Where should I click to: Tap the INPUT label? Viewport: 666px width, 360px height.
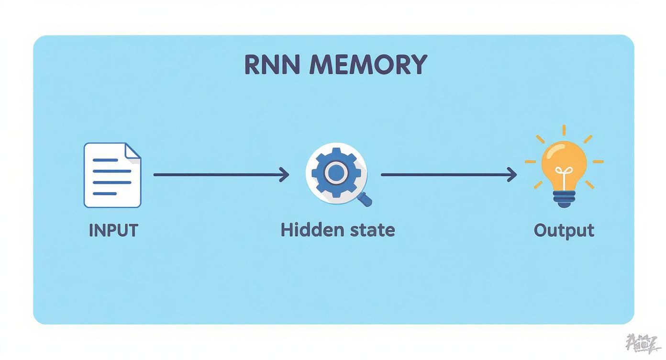click(x=113, y=230)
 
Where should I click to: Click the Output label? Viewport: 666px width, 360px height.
click(x=564, y=230)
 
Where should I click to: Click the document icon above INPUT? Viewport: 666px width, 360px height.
click(x=112, y=175)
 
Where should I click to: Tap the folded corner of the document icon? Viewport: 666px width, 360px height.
click(x=133, y=151)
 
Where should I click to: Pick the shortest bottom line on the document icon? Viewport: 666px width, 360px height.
click(x=105, y=193)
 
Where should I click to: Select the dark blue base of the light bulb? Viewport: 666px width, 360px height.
click(x=564, y=198)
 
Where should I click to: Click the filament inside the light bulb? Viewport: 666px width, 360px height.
click(x=564, y=175)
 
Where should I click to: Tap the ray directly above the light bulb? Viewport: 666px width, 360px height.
click(x=564, y=130)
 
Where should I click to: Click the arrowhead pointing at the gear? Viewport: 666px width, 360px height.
click(x=285, y=175)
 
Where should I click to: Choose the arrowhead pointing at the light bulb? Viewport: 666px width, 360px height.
click(x=513, y=175)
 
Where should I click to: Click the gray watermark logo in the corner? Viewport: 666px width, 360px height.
click(x=643, y=343)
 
